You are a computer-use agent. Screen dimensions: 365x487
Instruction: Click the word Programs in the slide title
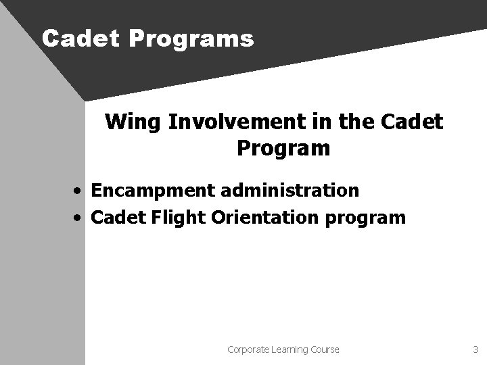pos(190,39)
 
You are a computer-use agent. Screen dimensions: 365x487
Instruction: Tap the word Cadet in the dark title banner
pos(80,39)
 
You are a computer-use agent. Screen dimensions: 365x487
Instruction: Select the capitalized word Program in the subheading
pos(283,148)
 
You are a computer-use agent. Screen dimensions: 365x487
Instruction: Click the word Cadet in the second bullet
pos(114,218)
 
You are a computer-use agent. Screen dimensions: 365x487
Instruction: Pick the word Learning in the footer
pos(290,349)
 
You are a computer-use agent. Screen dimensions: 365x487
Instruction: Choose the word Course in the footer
pos(325,349)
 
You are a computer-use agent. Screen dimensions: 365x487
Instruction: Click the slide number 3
pos(474,349)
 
